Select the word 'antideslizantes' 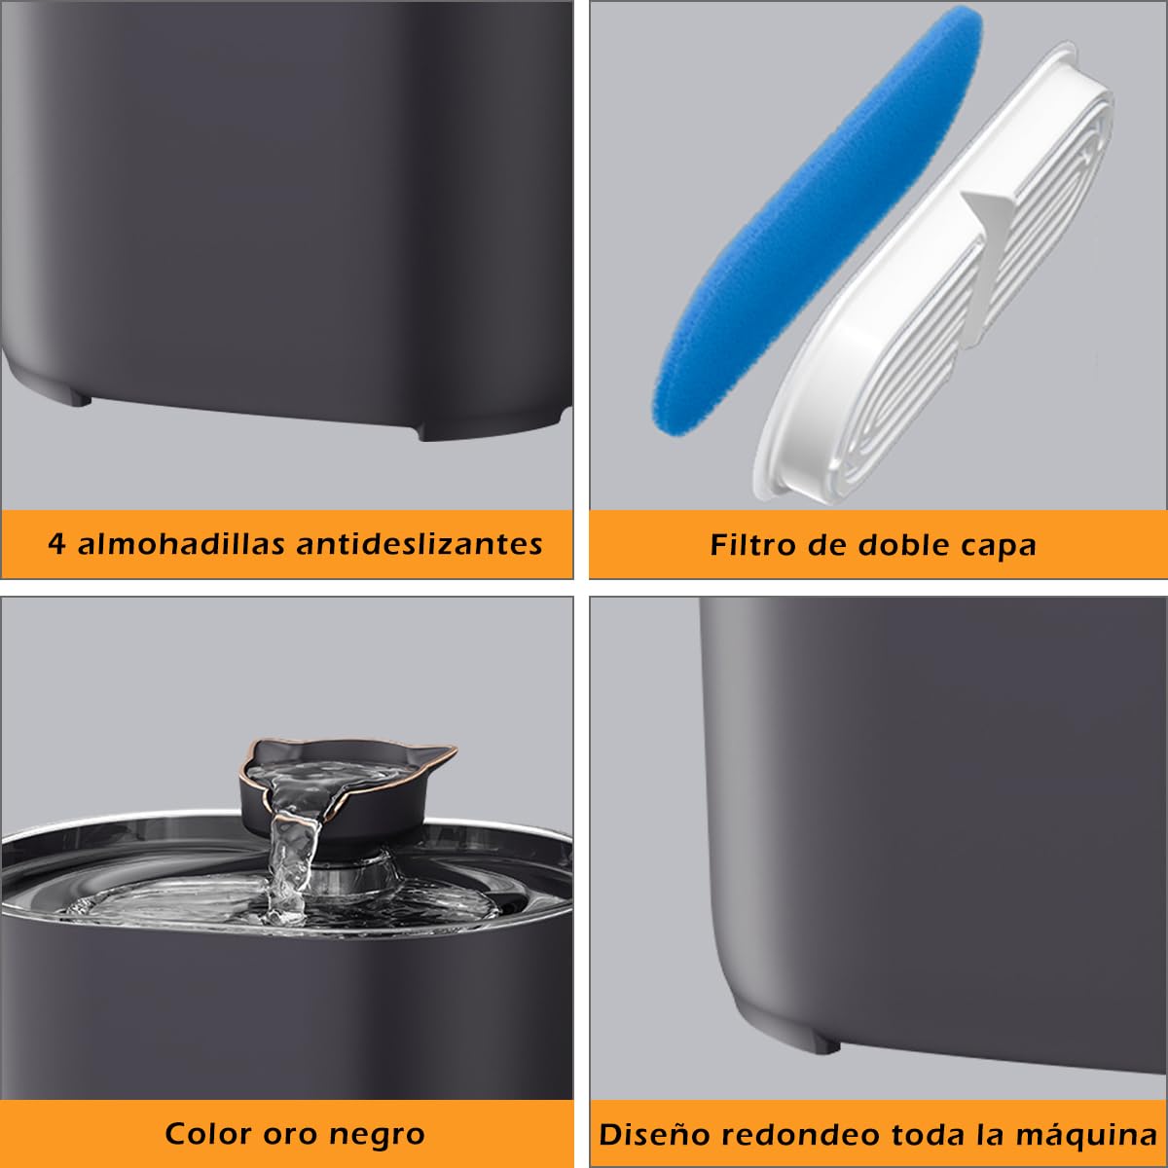[420, 543]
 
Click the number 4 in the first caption [56, 543]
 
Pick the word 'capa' [999, 546]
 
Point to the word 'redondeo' [783, 1135]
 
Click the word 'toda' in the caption [911, 1135]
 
